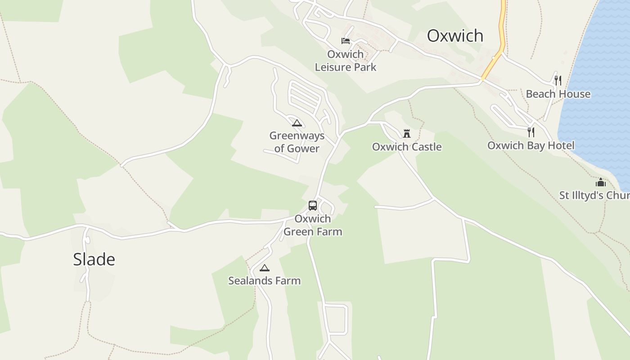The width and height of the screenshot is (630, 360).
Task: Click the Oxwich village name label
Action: tap(455, 36)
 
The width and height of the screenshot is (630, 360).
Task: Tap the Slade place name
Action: tap(94, 259)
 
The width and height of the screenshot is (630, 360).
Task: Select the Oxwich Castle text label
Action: tap(407, 147)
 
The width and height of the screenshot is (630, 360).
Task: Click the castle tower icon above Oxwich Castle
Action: tap(407, 133)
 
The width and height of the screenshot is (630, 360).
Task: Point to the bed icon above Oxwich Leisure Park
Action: tap(346, 41)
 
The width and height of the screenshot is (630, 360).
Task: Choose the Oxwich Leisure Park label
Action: tap(346, 61)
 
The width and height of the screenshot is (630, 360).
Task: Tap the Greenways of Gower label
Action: tap(297, 142)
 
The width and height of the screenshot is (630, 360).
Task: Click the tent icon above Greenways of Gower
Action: tap(297, 123)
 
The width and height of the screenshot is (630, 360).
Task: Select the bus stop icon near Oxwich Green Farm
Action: tap(313, 206)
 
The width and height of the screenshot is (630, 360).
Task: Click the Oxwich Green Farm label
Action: tap(313, 225)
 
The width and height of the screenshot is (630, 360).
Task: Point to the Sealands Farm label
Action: tap(264, 280)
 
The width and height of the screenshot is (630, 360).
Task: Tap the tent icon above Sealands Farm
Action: tap(265, 268)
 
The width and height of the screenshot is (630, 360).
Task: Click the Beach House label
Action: tap(558, 94)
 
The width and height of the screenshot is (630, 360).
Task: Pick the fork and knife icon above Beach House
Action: tap(558, 81)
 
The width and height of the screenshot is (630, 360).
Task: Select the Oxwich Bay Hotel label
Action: tap(531, 145)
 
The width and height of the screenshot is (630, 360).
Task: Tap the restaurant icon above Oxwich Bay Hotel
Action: tap(531, 132)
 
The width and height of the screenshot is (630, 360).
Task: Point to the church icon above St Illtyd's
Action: tap(601, 182)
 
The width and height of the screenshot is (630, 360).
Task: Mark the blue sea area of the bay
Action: tap(598, 90)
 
